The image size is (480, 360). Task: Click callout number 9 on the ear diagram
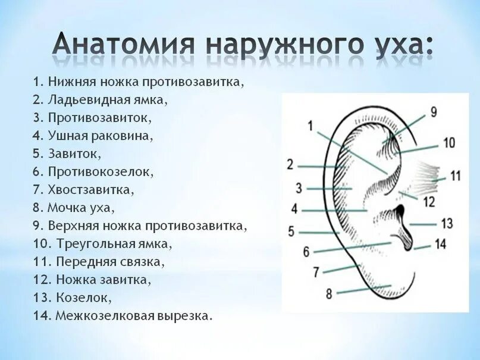(x=433, y=111)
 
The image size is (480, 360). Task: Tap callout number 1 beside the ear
(x=310, y=125)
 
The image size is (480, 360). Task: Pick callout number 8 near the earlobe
(x=328, y=293)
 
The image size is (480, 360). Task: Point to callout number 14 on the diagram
(x=440, y=243)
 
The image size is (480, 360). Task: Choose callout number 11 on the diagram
(x=455, y=176)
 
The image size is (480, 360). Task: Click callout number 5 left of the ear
(x=291, y=231)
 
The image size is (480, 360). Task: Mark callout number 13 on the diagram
(x=447, y=223)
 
